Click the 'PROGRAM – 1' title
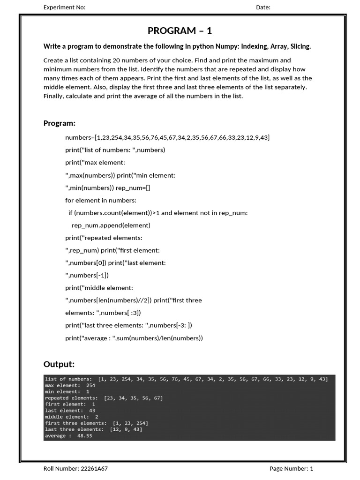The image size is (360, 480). pos(180,31)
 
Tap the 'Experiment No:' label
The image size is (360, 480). pos(64,7)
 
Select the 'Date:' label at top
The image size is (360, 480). pos(263,7)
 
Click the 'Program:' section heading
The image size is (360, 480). pos(60,123)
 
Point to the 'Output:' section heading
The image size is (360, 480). pos(59,364)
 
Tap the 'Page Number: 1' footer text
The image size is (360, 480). pos(291,468)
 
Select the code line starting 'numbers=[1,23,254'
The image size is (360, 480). pos(167,137)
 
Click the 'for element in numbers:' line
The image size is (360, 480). pos(101,200)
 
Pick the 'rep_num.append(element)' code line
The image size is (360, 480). pos(111,225)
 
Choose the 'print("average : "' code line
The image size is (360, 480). pos(134,338)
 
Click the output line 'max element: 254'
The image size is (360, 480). pos(70,385)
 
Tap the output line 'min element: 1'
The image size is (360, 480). pos(67,391)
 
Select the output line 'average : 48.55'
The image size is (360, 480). pos(68,436)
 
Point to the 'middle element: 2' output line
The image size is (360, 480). pos(71,417)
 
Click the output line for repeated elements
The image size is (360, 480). pos(104,398)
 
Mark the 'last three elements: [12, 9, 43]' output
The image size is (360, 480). pos(93,429)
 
